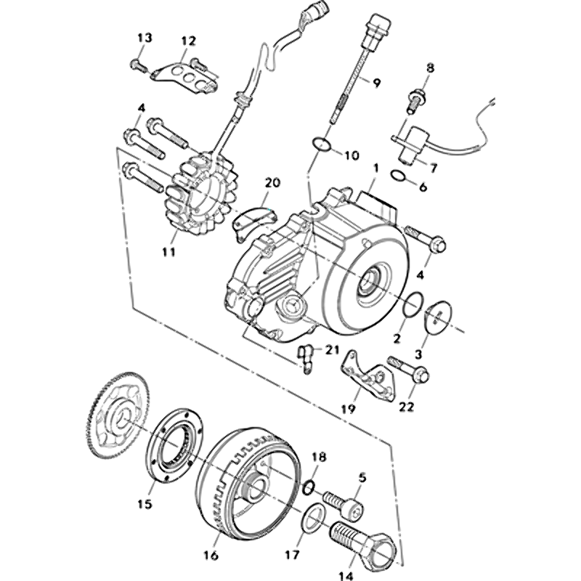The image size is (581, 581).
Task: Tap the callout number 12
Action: click(189, 41)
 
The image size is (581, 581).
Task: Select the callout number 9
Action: click(377, 82)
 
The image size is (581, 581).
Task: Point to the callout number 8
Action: click(430, 68)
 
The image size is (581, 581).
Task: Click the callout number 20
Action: click(272, 182)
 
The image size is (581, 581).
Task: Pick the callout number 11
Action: click(168, 253)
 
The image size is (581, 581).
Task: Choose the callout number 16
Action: click(211, 556)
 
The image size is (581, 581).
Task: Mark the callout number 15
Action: click(145, 504)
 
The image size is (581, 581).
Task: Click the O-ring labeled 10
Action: click(323, 145)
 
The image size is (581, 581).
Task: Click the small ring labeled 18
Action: click(309, 484)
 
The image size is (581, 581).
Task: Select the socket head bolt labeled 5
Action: click(344, 503)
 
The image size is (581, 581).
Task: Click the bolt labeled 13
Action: click(139, 64)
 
